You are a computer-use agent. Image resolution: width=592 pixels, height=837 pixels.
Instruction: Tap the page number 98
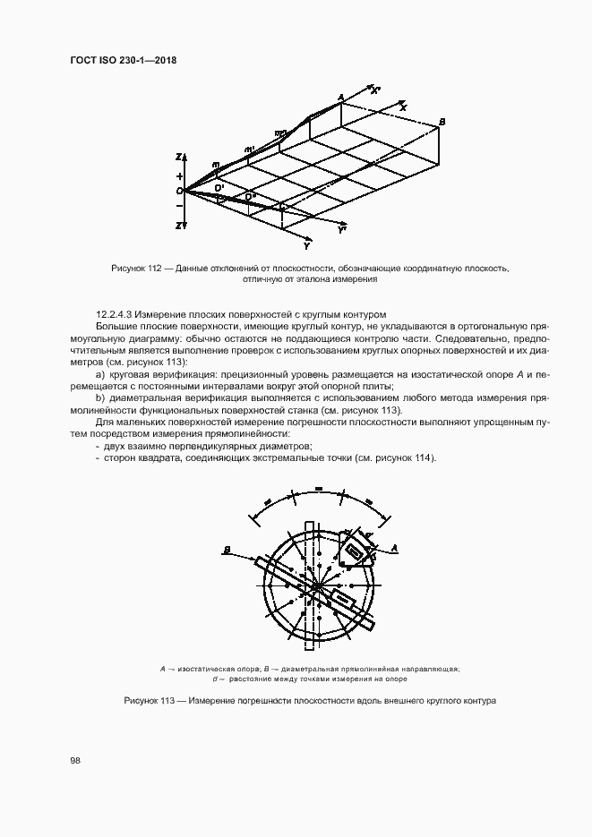coord(75,760)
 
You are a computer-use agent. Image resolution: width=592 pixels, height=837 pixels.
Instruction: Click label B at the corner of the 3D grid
coord(442,121)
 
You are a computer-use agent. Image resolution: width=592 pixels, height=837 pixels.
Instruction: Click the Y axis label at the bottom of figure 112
coord(307,244)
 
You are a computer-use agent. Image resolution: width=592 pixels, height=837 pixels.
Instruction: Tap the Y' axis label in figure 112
coord(342,231)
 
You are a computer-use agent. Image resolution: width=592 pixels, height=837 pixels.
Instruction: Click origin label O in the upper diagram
coord(179,191)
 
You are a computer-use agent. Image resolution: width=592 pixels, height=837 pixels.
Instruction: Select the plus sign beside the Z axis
coord(179,175)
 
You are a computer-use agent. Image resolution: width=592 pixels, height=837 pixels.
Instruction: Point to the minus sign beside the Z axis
coord(179,207)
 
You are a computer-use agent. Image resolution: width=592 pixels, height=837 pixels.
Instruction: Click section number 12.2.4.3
coord(114,315)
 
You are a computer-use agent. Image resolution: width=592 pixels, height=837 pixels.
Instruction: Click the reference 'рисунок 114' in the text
coord(405,458)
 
